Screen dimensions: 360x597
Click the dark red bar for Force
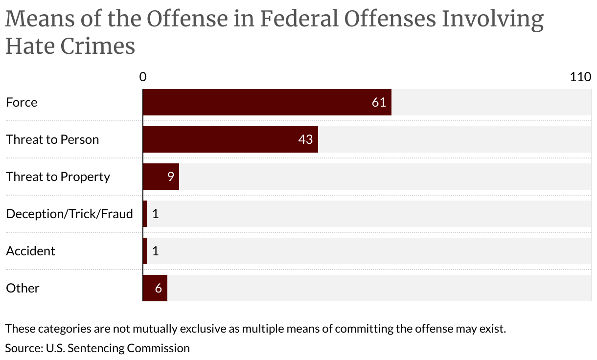pos(267,102)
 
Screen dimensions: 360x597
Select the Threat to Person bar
pos(230,139)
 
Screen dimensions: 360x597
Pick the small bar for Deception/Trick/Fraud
pos(145,214)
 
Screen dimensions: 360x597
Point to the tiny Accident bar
pos(145,251)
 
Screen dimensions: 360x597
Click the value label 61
pos(379,102)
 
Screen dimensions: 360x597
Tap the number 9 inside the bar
pos(170,177)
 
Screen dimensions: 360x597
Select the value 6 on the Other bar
pos(158,288)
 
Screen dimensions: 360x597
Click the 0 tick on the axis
pos(143,77)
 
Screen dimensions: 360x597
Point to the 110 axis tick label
pos(580,77)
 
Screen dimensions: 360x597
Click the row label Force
pos(22,102)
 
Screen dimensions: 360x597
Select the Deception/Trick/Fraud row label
pos(69,214)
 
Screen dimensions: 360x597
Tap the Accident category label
pos(30,251)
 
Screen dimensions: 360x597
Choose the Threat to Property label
pos(58,177)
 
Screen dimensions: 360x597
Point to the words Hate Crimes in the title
pos(70,46)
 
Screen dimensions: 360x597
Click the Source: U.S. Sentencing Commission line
pos(97,348)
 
